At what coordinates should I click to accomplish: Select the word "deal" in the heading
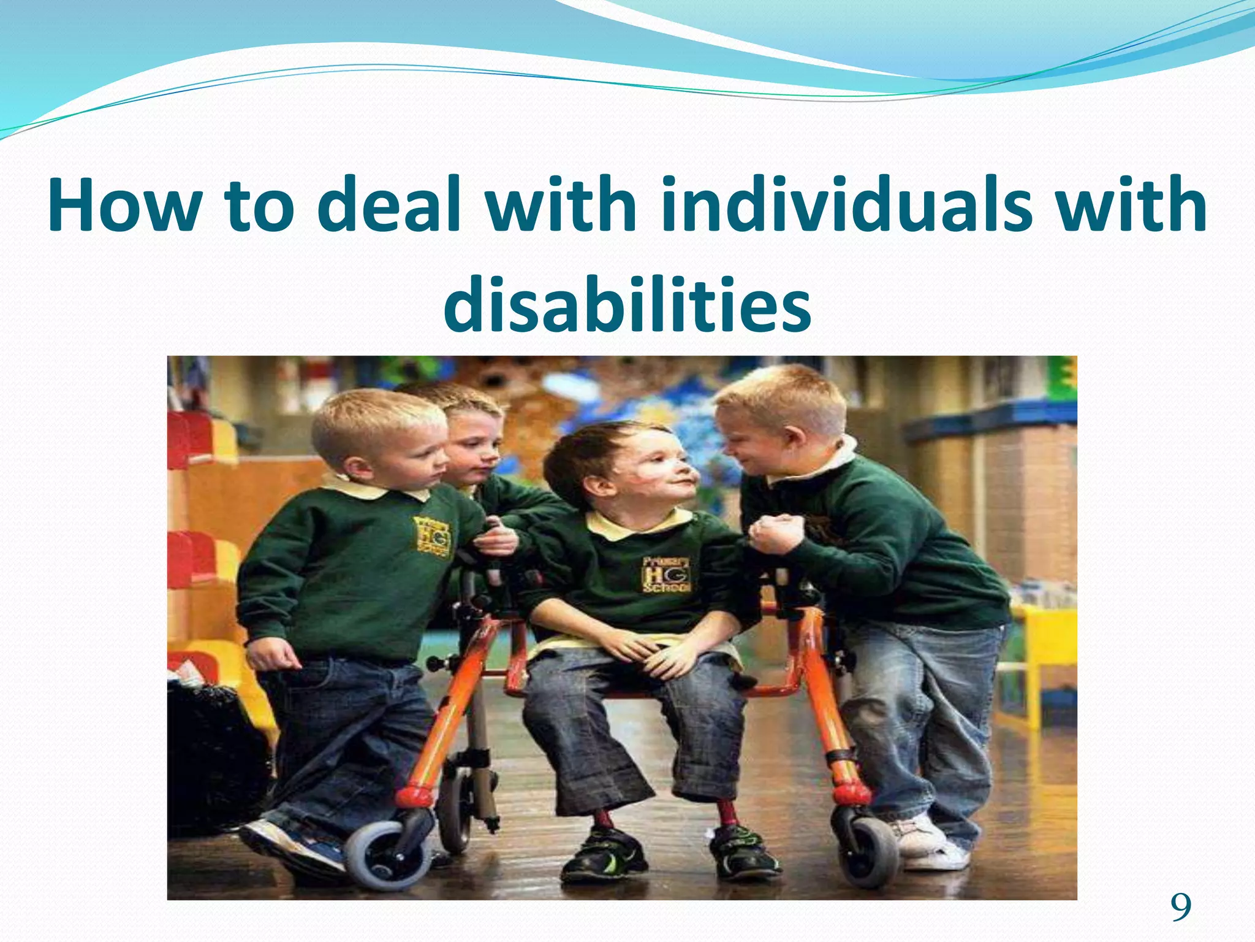click(x=389, y=205)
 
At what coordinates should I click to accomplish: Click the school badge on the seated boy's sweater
click(x=667, y=575)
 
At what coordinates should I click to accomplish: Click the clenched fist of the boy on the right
click(x=776, y=532)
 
